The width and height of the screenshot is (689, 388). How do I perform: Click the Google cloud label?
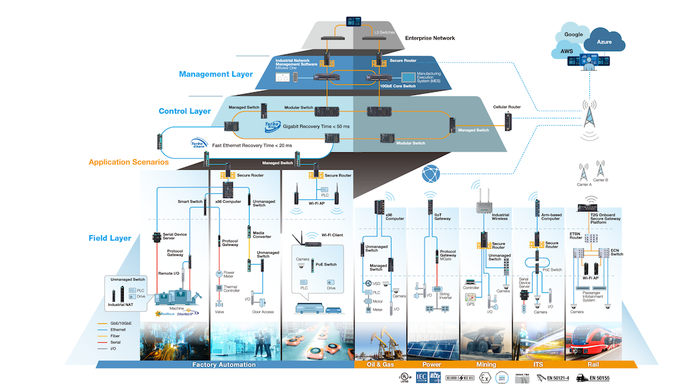pos(573,34)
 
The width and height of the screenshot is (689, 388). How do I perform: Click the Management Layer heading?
pos(216,74)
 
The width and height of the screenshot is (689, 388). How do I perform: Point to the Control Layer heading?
pos(184,111)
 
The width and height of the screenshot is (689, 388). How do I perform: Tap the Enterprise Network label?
pos(430,38)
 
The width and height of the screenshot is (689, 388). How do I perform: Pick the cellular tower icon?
pos(590,117)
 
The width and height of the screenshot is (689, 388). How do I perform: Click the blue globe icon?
pos(431,174)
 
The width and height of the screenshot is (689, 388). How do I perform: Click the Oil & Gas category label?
pos(379,364)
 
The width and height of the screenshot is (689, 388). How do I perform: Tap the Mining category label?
pos(486,364)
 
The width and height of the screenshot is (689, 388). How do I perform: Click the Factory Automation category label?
pos(225,364)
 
